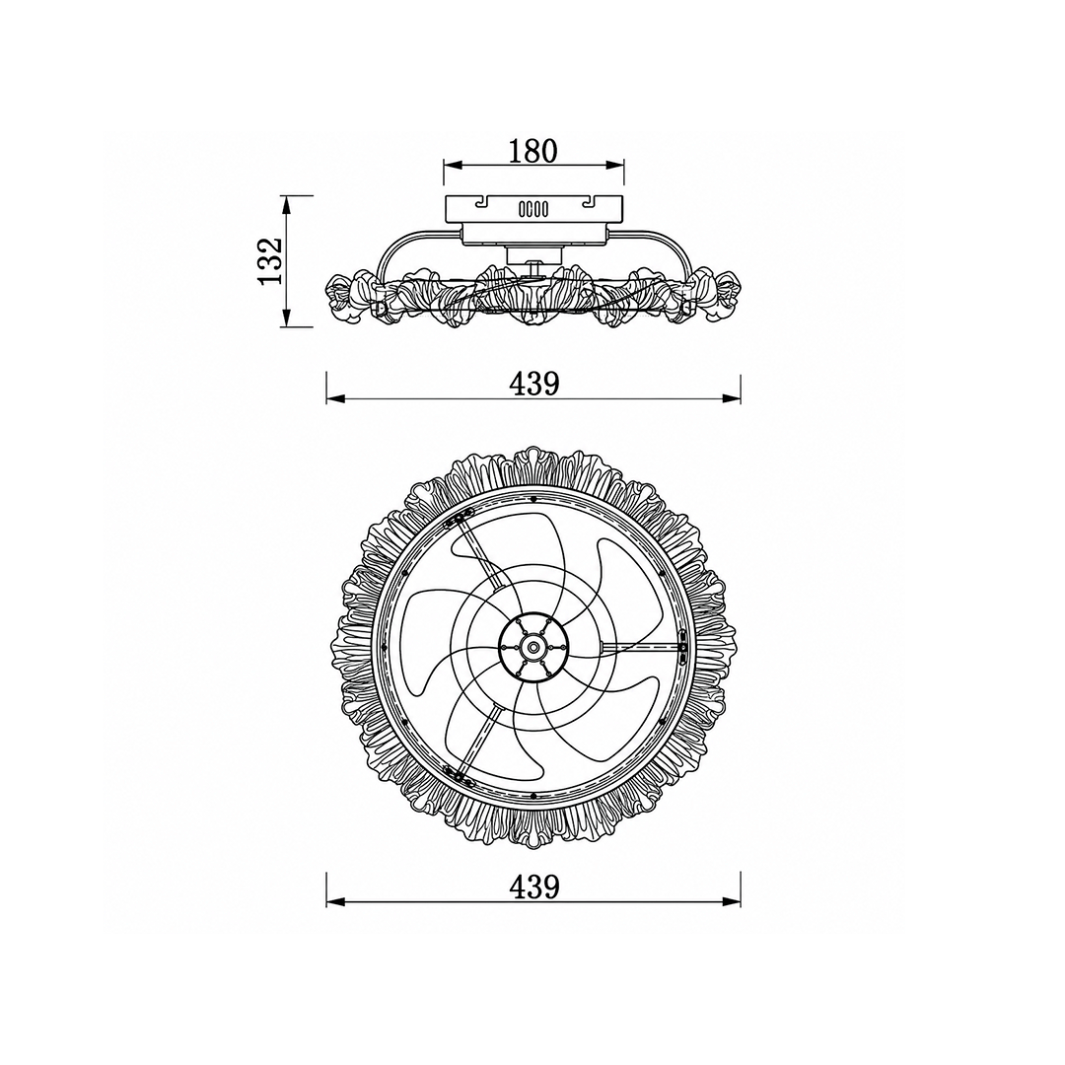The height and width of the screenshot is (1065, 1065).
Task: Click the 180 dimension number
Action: (533, 151)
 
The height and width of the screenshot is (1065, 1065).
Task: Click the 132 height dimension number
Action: (269, 261)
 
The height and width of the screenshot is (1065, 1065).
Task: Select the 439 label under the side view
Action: (534, 384)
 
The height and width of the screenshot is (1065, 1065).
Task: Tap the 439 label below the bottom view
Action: (534, 886)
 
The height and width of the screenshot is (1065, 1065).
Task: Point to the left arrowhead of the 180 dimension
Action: (453, 165)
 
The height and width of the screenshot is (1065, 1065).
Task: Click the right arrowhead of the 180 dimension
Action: (615, 165)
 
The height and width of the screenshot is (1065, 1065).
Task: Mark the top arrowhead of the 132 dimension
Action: (287, 205)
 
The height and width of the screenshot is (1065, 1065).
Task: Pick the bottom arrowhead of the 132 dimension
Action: (287, 318)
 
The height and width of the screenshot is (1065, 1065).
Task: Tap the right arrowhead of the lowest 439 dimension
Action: (732, 902)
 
